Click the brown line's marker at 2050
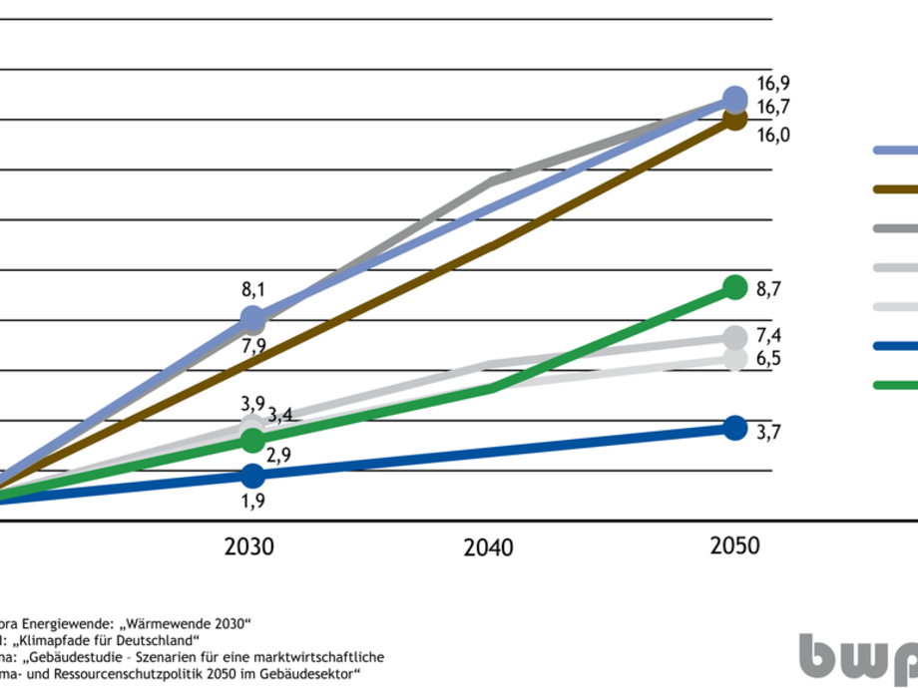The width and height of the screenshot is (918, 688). [735, 120]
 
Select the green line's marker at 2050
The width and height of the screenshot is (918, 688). [734, 287]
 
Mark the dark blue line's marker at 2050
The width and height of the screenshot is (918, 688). [734, 428]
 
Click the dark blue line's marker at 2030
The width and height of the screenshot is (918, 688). [252, 476]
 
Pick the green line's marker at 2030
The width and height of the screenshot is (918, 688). [252, 440]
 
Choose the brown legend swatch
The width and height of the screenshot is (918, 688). [895, 188]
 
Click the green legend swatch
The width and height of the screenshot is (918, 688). [895, 385]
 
